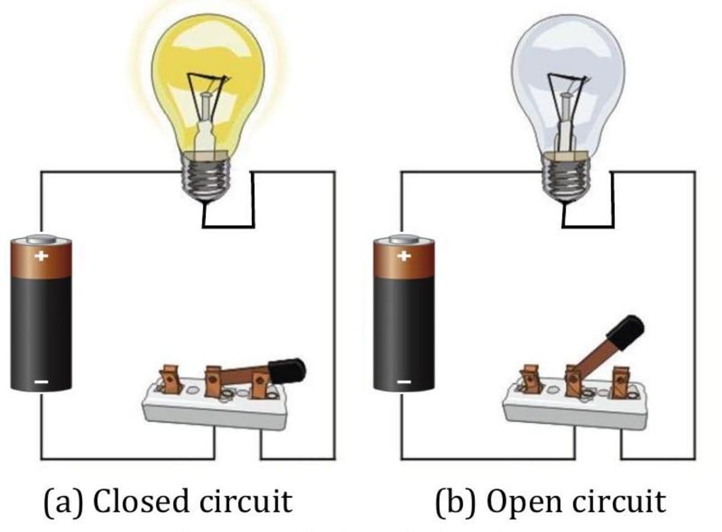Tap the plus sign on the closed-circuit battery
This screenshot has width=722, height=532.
click(x=41, y=256)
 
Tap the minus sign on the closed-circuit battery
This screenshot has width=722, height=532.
click(x=41, y=381)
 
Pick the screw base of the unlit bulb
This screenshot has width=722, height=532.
click(x=566, y=178)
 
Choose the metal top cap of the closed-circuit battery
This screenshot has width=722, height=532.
click(x=41, y=239)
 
